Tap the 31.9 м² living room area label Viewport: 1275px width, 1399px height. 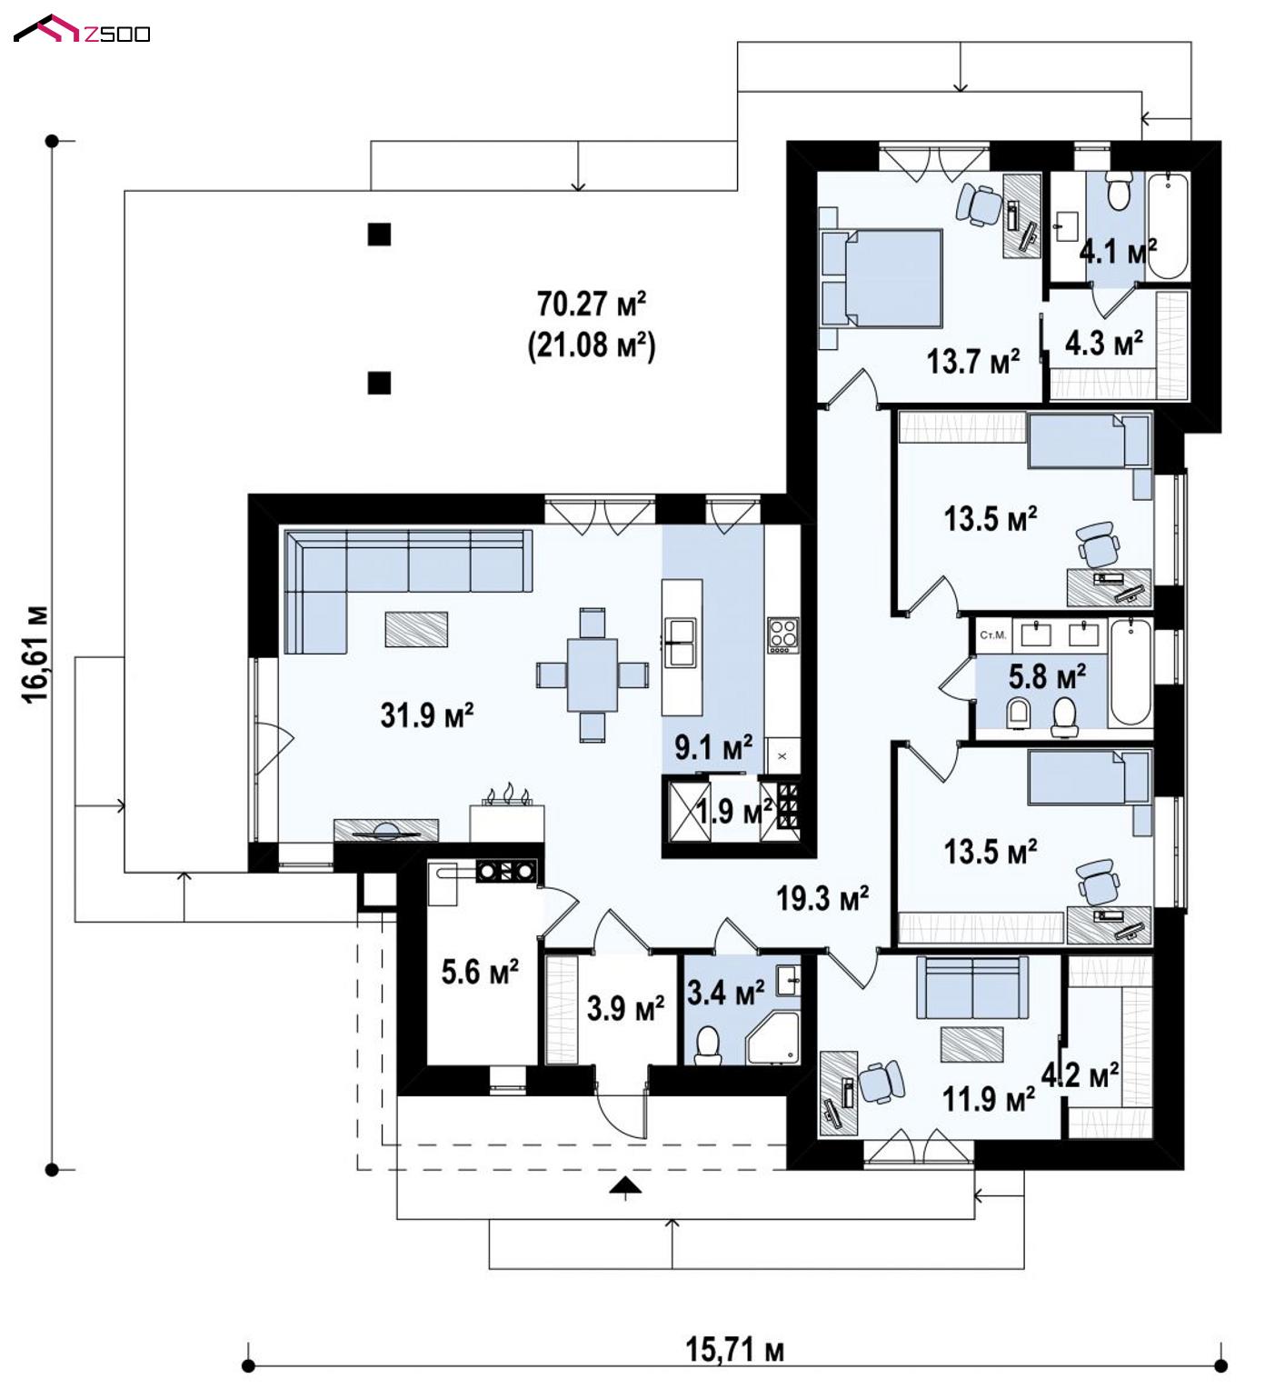click(x=427, y=715)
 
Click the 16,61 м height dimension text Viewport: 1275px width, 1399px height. click(x=35, y=654)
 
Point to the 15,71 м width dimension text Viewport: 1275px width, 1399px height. click(x=734, y=1349)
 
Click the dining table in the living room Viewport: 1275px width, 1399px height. click(x=593, y=675)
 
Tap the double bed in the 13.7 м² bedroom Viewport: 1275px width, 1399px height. click(x=882, y=277)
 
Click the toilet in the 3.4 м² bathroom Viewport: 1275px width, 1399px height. click(x=707, y=1045)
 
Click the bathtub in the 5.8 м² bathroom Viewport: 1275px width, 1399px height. click(x=1130, y=671)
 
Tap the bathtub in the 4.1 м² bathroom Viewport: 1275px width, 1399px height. click(x=1168, y=225)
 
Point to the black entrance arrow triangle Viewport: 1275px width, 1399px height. click(x=623, y=1185)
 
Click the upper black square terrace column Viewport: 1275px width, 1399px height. click(x=379, y=235)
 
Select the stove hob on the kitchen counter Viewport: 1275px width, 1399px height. click(x=782, y=635)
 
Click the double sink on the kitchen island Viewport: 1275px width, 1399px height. click(x=681, y=642)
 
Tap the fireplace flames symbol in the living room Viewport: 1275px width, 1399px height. click(x=508, y=796)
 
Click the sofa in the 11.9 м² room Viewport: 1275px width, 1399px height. click(x=971, y=987)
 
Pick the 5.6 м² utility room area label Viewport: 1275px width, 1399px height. click(x=480, y=972)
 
